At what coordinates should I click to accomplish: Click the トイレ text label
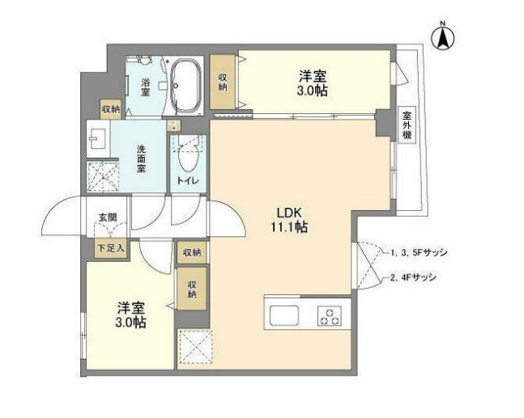189,179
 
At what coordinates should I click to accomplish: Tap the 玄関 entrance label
108,217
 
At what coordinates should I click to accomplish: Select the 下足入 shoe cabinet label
111,248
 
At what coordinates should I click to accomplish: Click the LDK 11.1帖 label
288,219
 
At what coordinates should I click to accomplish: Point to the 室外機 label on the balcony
407,126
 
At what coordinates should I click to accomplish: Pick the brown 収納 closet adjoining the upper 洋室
224,81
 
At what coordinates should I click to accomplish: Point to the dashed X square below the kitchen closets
194,348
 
